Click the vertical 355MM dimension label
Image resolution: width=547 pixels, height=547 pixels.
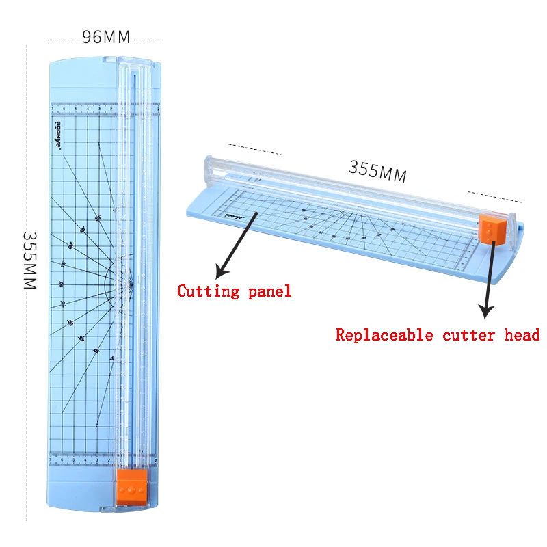pyautogui.click(x=29, y=261)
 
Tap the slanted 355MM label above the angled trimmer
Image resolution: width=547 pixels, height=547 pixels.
pyautogui.click(x=377, y=172)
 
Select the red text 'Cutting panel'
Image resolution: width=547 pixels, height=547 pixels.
pyautogui.click(x=234, y=291)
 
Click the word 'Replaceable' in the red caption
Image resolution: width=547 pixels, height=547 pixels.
pyautogui.click(x=384, y=335)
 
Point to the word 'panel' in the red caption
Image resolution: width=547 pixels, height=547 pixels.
pyautogui.click(x=271, y=291)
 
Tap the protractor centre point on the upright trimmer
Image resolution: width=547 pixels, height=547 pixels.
pyautogui.click(x=131, y=280)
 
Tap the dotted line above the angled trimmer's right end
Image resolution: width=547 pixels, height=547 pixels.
pyautogui.click(x=494, y=197)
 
